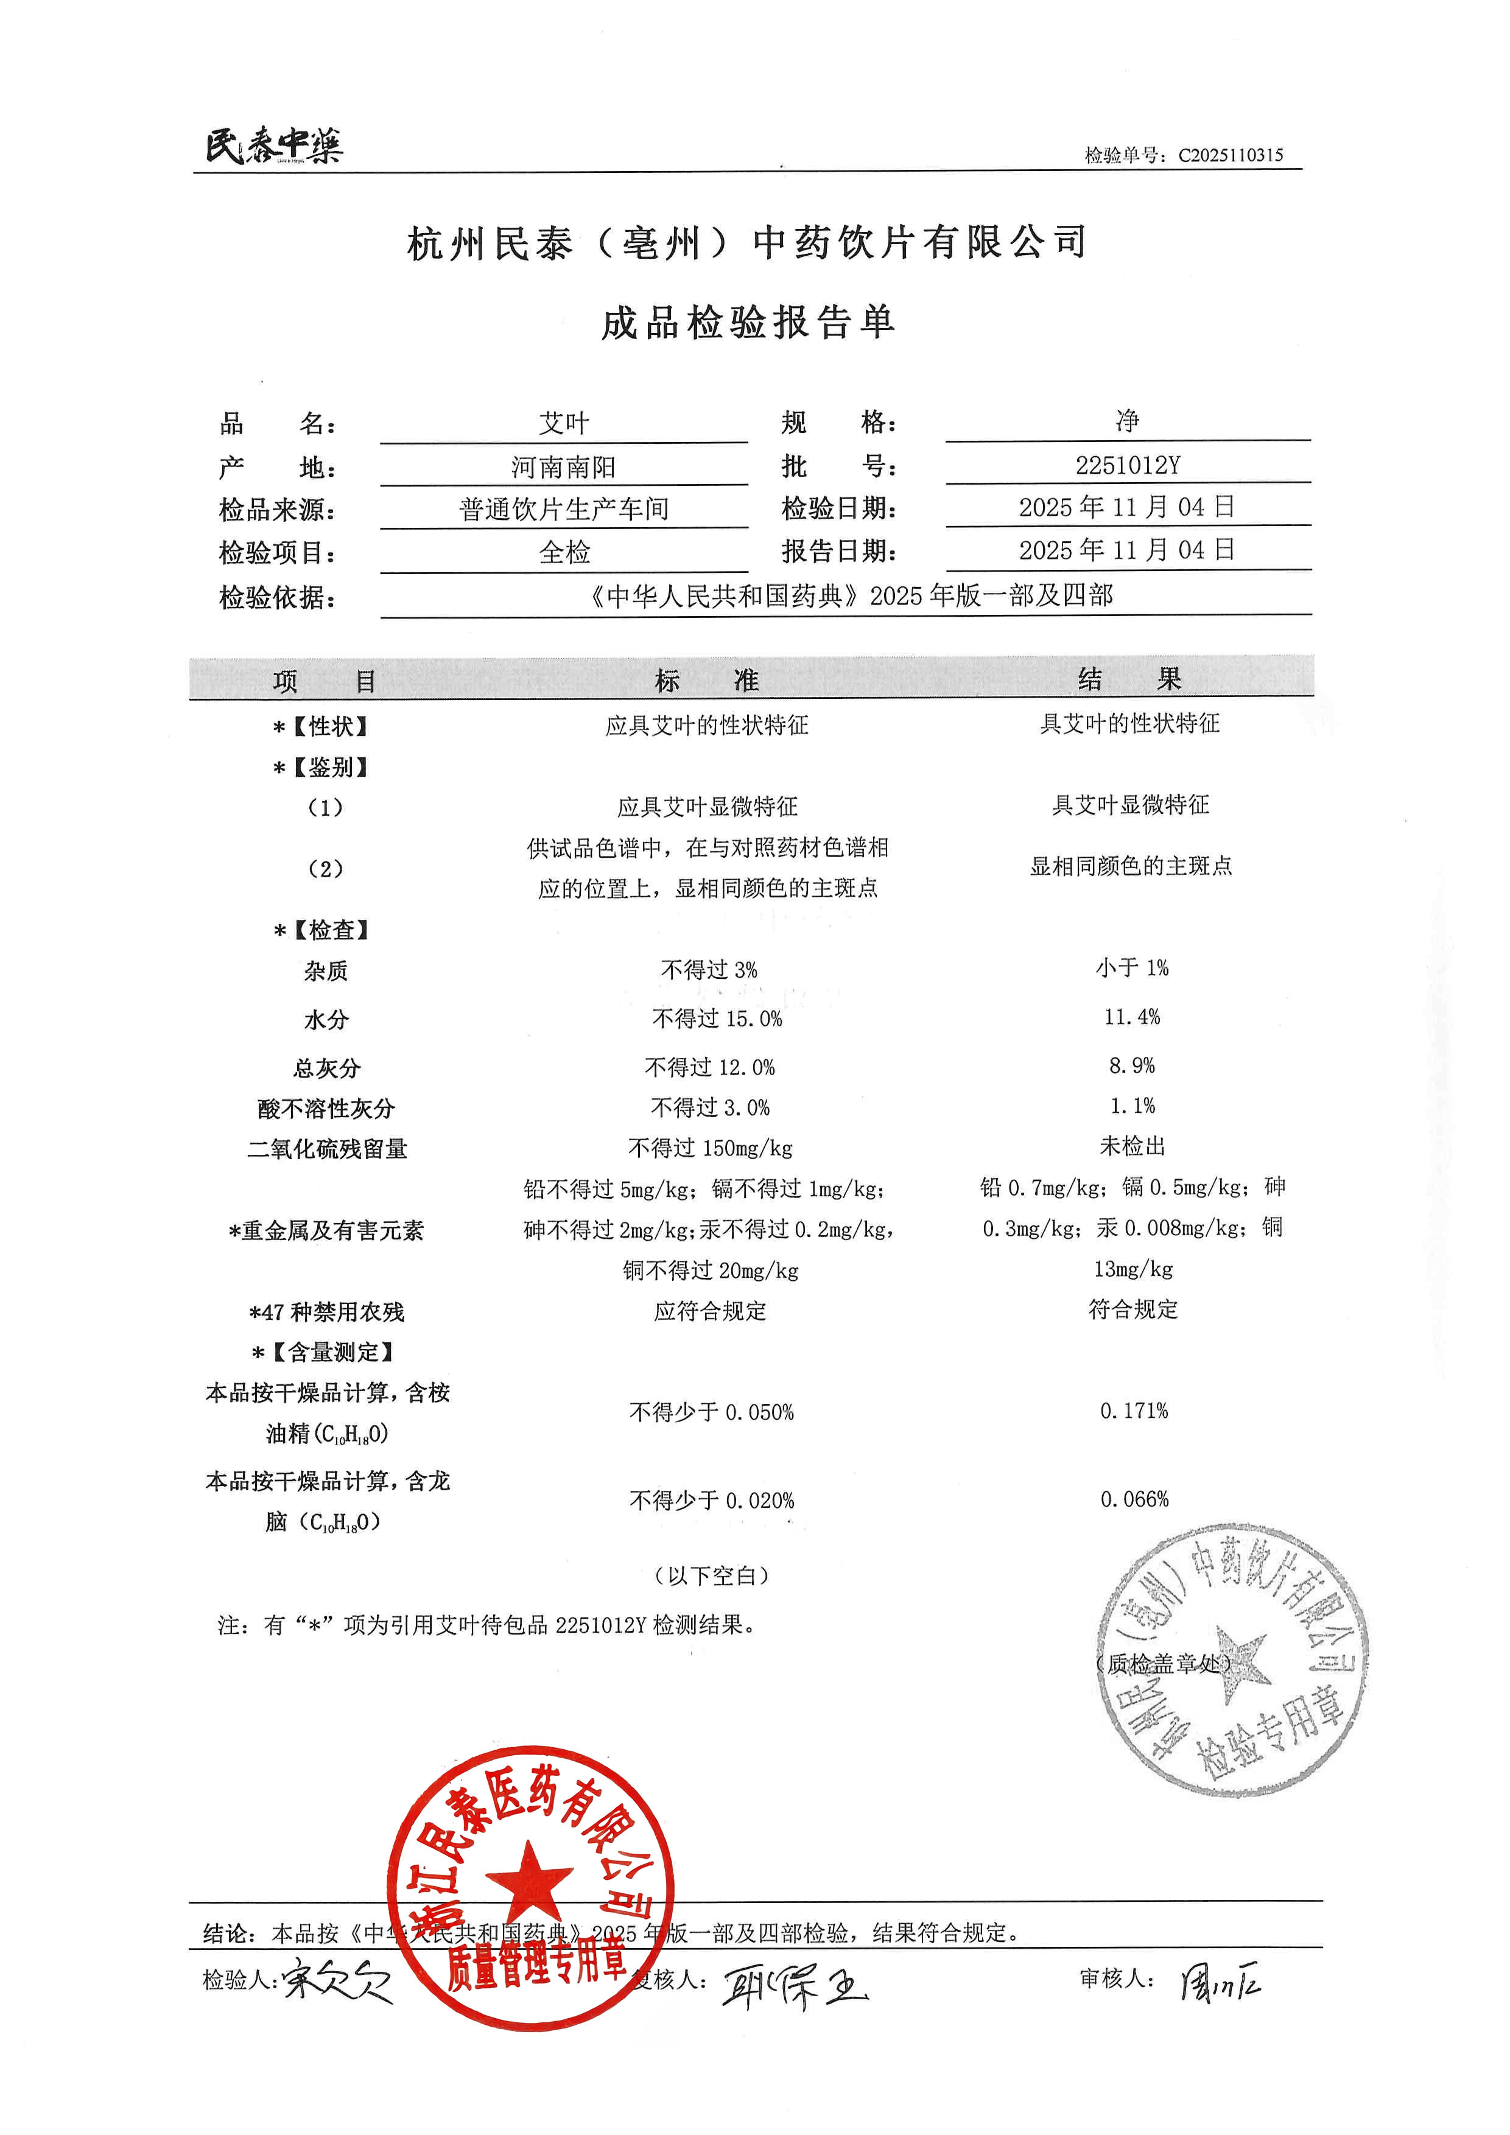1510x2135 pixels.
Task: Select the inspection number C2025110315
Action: tap(1230, 155)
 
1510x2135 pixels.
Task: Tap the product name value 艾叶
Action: tap(563, 423)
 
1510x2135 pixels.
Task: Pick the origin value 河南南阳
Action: tap(563, 467)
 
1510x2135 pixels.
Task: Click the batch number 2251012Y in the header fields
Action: tap(1127, 465)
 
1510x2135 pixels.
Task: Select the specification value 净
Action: tap(1127, 421)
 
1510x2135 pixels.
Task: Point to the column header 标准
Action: tap(707, 681)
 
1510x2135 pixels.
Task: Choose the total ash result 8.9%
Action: tap(1131, 1065)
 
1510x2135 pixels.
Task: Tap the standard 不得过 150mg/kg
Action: tap(711, 1148)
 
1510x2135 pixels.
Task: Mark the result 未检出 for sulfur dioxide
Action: tap(1131, 1146)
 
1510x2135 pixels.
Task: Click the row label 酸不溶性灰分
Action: tap(326, 1109)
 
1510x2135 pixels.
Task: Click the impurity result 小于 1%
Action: tap(1131, 968)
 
